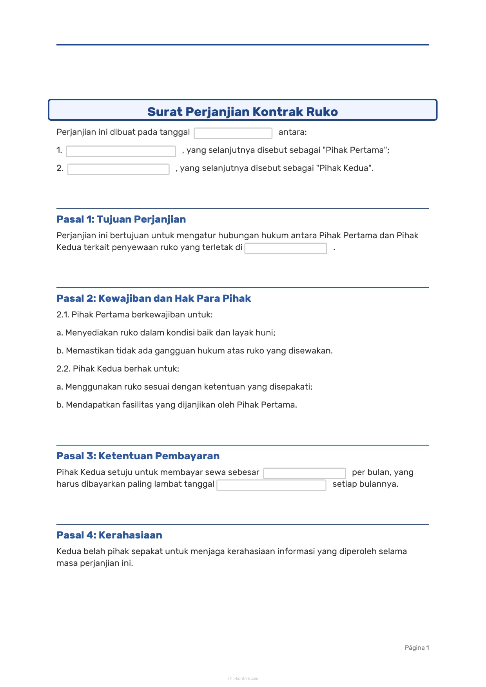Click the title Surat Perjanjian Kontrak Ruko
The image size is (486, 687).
point(242,112)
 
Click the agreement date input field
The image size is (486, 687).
point(233,133)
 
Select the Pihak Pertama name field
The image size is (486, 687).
point(121,151)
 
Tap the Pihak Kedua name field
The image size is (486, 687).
point(118,169)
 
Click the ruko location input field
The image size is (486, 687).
point(285,248)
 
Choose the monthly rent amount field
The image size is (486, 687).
point(304,473)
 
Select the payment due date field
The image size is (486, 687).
point(271,485)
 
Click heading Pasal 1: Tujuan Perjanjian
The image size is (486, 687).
point(121,219)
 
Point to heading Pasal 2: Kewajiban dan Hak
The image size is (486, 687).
point(154,298)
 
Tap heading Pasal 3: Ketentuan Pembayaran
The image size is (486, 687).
point(138,456)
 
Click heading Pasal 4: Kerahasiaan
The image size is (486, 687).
point(109,535)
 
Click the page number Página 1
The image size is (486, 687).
point(417,647)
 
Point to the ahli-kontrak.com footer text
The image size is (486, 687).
point(243,678)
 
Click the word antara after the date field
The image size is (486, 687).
point(292,132)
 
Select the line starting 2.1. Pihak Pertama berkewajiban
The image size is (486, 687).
point(134,315)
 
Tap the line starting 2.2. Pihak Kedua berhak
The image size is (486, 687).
point(118,369)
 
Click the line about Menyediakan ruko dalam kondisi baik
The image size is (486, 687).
point(166,333)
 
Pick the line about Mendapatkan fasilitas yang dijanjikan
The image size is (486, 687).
point(176,405)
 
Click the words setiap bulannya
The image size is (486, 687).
point(365,484)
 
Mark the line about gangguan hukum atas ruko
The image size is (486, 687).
point(194,351)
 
